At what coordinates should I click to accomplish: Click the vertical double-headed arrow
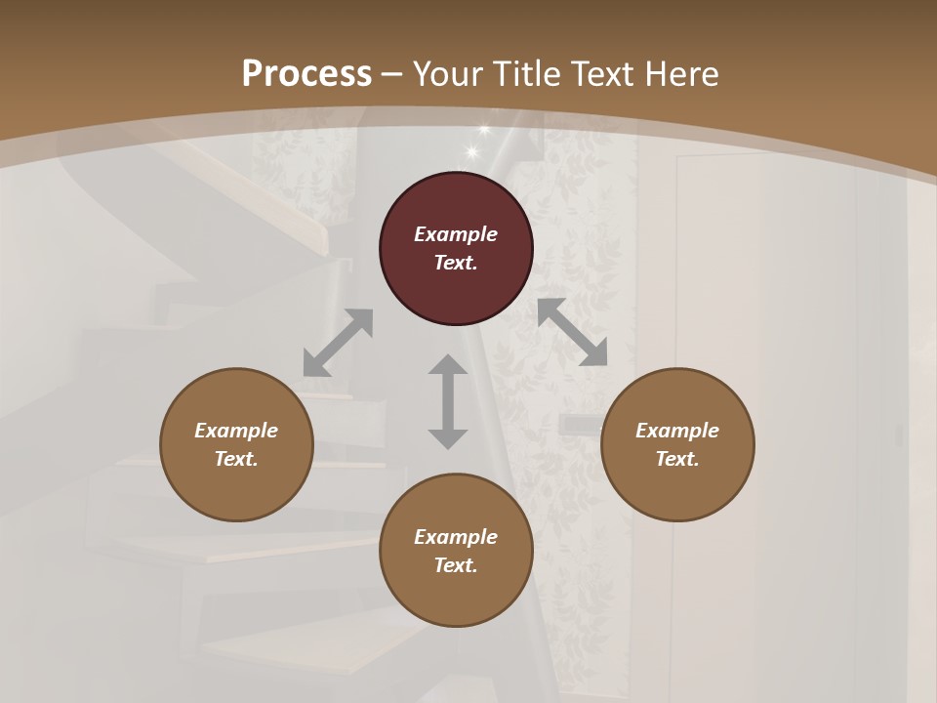[448, 401]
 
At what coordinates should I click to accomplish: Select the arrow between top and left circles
[338, 343]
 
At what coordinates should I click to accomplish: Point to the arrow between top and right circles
[572, 332]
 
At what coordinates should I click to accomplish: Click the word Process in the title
[306, 74]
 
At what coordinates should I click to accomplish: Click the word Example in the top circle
[456, 234]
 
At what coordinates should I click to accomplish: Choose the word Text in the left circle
[236, 459]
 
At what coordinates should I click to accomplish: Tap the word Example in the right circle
[677, 431]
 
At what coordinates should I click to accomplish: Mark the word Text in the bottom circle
[456, 565]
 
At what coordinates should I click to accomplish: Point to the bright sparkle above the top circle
[474, 150]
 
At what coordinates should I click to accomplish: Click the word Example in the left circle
[236, 431]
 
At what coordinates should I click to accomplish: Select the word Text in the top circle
[456, 263]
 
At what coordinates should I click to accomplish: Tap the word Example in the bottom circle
[456, 537]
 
